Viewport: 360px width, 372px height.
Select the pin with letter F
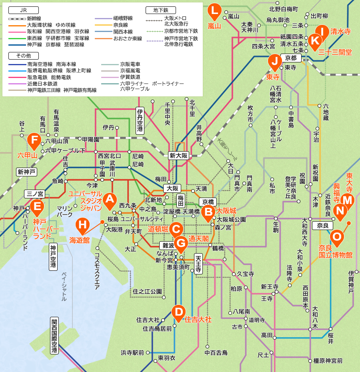[x=34, y=140]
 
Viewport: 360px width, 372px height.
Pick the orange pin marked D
[x=178, y=311]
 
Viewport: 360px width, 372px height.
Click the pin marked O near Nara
[x=337, y=236]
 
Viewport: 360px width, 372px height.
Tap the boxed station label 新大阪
[x=178, y=156]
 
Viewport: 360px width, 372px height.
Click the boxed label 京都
[x=291, y=58]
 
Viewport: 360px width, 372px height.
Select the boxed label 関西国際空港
[x=55, y=336]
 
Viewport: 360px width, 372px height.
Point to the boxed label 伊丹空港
[x=140, y=120]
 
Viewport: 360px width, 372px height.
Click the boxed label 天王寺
[x=199, y=264]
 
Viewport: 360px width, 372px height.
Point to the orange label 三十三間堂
[x=335, y=52]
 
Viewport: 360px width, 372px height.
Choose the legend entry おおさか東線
[x=128, y=38]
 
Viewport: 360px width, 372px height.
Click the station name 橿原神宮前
[x=328, y=360]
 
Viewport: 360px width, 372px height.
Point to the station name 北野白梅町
[x=284, y=9]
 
